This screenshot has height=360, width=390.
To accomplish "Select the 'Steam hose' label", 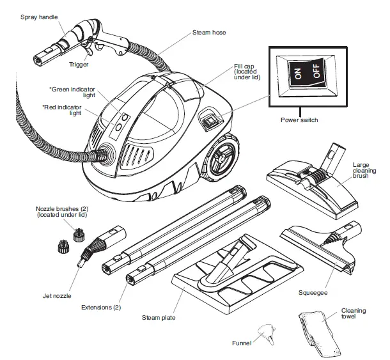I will [209, 32].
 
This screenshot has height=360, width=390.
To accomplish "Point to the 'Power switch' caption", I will [299, 120].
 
